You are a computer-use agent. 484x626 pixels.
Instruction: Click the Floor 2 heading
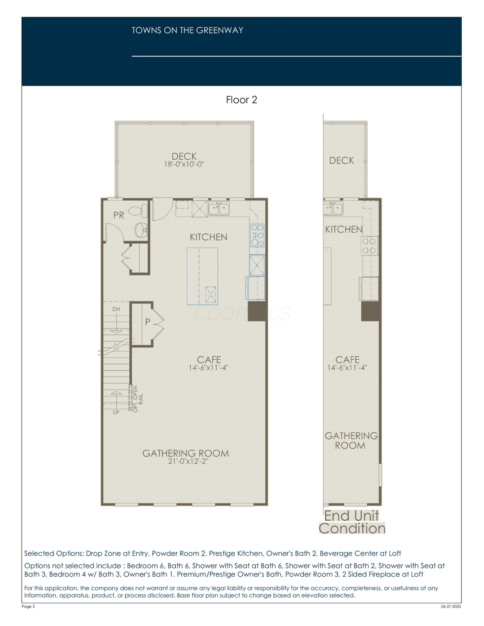242,100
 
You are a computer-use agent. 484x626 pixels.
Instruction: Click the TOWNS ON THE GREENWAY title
187,30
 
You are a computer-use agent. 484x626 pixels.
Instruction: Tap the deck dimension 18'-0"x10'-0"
184,164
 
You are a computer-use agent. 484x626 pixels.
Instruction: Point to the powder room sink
141,230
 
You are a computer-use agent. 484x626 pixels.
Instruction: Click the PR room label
119,215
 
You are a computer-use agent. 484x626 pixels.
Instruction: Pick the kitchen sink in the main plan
219,208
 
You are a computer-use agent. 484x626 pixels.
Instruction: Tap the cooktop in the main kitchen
257,235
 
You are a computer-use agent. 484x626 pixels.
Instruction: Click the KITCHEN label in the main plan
209,237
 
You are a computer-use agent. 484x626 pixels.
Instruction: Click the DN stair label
116,309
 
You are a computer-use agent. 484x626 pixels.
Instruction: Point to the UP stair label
116,412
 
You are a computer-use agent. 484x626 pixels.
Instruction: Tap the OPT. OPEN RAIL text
138,399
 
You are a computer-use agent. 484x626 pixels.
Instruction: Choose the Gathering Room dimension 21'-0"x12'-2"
188,461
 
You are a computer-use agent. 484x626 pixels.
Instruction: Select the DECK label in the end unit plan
341,161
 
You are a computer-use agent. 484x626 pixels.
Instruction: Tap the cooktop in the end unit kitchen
369,246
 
